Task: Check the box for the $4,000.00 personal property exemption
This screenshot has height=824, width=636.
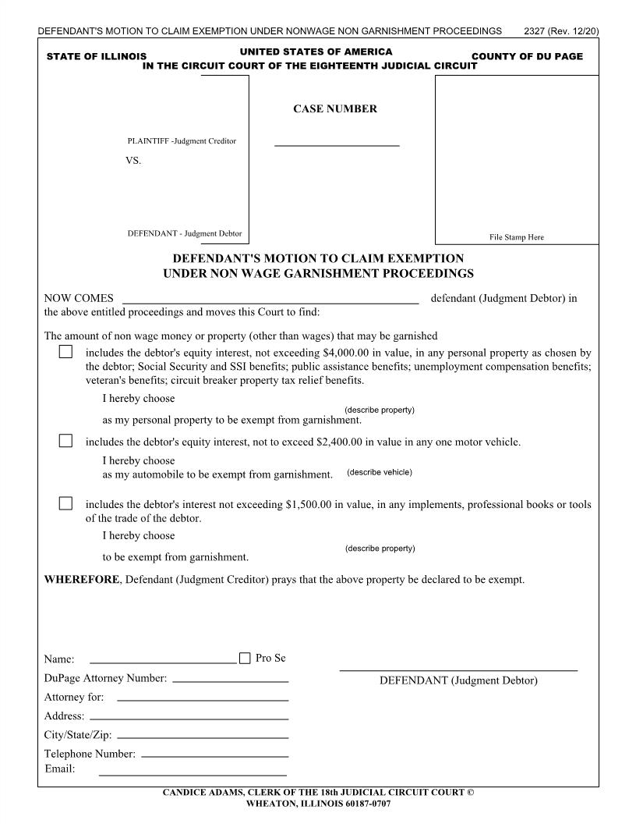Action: pos(66,353)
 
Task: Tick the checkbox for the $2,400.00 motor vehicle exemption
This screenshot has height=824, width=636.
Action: pos(66,441)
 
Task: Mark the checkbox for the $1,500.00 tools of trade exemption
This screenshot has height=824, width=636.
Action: pos(66,503)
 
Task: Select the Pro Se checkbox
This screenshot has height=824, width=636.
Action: pos(246,658)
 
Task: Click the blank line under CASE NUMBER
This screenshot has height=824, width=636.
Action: pos(337,144)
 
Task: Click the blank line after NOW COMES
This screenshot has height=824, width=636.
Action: pos(270,300)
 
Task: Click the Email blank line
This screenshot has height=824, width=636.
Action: pos(193,775)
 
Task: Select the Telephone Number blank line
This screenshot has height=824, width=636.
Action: pos(215,755)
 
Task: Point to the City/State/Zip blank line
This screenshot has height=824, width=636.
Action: pos(202,737)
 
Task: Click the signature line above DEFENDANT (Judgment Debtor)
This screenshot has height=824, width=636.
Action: pos(458,669)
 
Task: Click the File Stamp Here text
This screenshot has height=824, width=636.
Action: pos(517,237)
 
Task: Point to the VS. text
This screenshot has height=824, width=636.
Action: pos(133,161)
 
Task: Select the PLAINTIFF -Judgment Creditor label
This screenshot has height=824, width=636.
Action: pos(182,141)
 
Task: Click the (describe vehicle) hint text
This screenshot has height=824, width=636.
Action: pos(380,472)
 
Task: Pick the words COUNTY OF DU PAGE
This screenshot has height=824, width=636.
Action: pos(528,57)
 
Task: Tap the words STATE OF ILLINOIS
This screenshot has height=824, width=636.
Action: pos(97,57)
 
